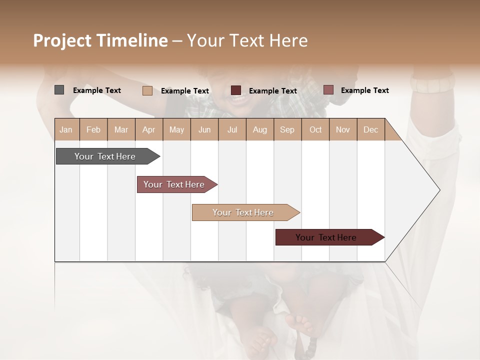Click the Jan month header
[66, 129]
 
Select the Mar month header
[121, 129]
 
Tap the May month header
[176, 129]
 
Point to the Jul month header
[232, 129]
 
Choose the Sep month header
[287, 129]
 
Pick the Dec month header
[370, 129]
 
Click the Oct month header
[315, 129]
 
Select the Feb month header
[93, 129]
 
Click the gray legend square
[59, 90]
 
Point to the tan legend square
[147, 90]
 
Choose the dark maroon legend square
[236, 90]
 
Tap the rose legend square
[328, 90]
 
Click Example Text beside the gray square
[97, 90]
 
